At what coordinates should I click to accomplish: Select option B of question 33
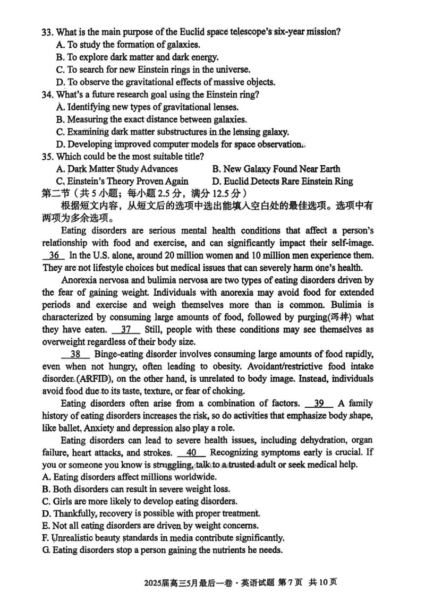point(137,57)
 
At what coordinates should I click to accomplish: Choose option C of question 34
point(172,132)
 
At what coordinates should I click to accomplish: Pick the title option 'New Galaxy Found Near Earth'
point(276,169)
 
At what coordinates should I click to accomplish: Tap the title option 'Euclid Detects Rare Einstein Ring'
point(282,182)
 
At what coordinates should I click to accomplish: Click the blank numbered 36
point(54,255)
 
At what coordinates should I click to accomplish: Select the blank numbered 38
point(75,355)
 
